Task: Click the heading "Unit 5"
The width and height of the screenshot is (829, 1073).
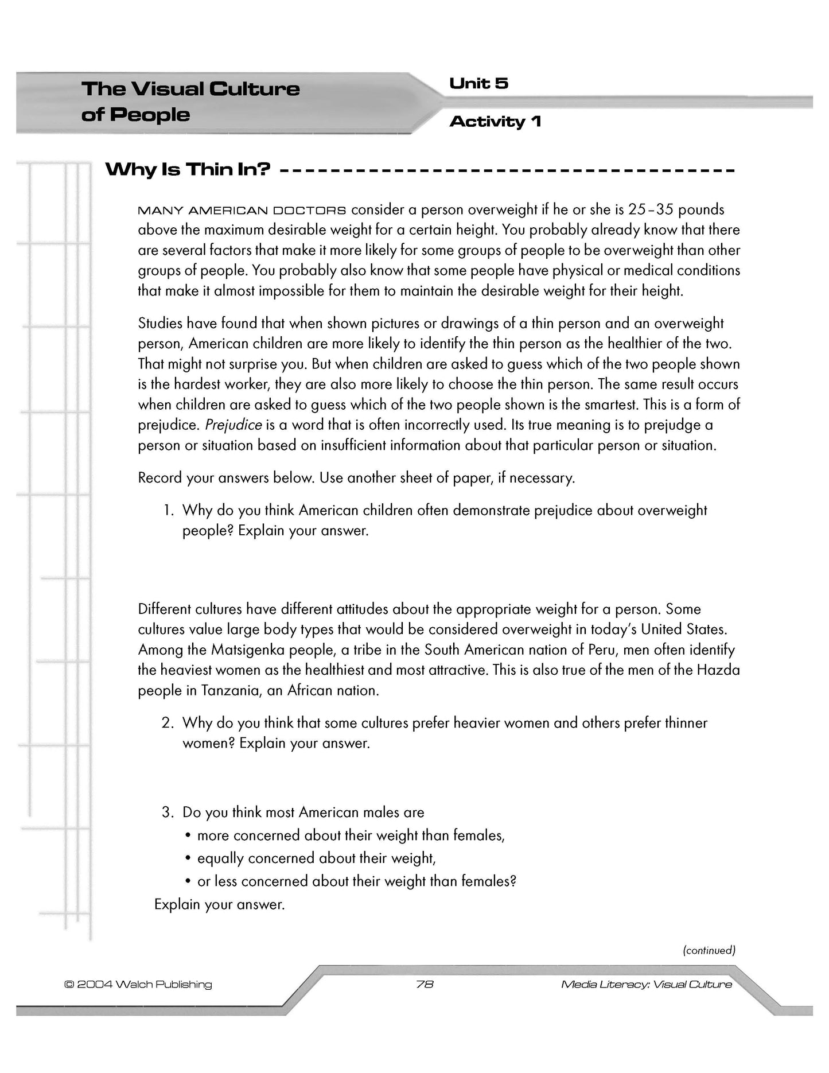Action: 478,84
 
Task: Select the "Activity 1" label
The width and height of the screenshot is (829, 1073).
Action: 495,122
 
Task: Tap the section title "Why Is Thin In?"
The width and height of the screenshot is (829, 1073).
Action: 188,170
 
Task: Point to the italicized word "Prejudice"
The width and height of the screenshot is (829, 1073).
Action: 233,425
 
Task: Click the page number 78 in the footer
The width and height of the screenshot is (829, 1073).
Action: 425,984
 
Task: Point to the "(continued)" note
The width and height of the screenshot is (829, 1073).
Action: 709,950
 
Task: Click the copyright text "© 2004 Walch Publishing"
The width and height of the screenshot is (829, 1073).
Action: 138,984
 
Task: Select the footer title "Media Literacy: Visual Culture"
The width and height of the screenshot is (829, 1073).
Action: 647,984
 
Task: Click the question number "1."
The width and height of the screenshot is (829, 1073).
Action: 168,510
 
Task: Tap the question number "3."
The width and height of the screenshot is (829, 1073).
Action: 168,812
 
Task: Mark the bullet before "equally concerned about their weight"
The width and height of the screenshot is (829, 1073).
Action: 188,858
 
